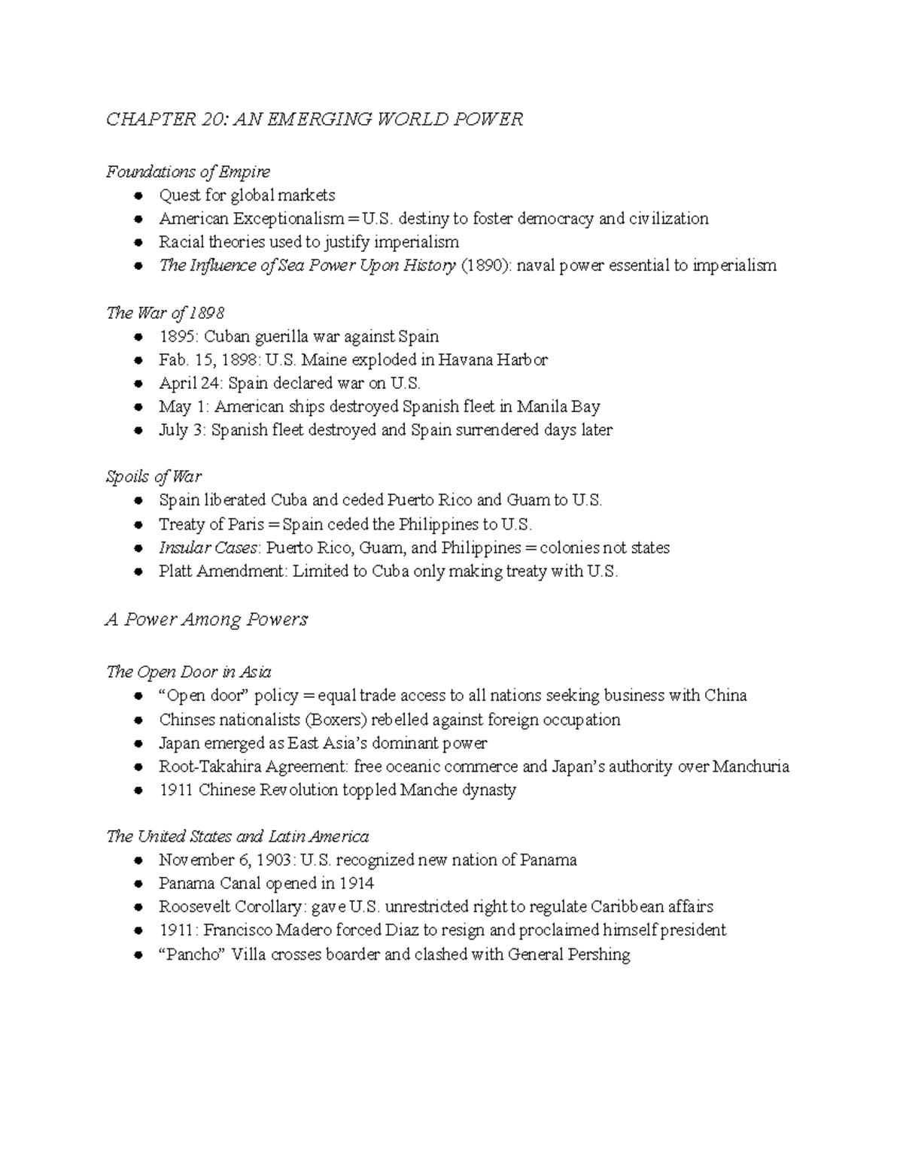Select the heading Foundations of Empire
click(187, 171)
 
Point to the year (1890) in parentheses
click(480, 265)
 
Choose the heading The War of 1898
click(165, 312)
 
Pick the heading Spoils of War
click(154, 477)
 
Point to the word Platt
click(176, 571)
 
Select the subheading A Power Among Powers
click(207, 620)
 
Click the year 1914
click(356, 883)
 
